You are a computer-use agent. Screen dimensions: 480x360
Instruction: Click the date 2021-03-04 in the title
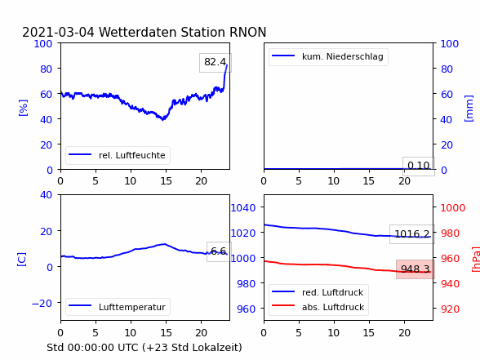coord(58,32)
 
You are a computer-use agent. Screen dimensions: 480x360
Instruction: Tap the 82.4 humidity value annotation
coord(216,62)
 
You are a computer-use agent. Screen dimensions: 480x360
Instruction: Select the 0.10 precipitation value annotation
coord(419,167)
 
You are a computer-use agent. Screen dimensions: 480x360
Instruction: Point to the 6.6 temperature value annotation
coord(219,251)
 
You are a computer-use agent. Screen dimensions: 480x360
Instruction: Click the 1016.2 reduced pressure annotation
coord(412,234)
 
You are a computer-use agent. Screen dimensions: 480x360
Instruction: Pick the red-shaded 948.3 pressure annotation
coord(416,269)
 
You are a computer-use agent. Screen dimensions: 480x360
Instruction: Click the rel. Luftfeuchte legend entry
coord(118,155)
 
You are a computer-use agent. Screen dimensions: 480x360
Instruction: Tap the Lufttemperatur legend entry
coord(118,307)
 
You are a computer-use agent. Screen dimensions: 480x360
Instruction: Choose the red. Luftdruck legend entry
coord(318,292)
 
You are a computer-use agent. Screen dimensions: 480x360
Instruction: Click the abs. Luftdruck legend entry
coord(318,307)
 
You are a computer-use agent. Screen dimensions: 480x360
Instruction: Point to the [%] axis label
coord(23,108)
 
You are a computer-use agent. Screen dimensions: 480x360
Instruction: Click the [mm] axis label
coord(469,109)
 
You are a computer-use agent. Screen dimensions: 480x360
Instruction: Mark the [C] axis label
coord(22,259)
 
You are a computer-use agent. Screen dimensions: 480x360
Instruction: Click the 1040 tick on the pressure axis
coord(243,208)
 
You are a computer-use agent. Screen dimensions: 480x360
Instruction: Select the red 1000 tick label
coord(453,208)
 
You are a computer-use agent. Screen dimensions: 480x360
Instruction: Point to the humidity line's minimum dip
coord(163,119)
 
